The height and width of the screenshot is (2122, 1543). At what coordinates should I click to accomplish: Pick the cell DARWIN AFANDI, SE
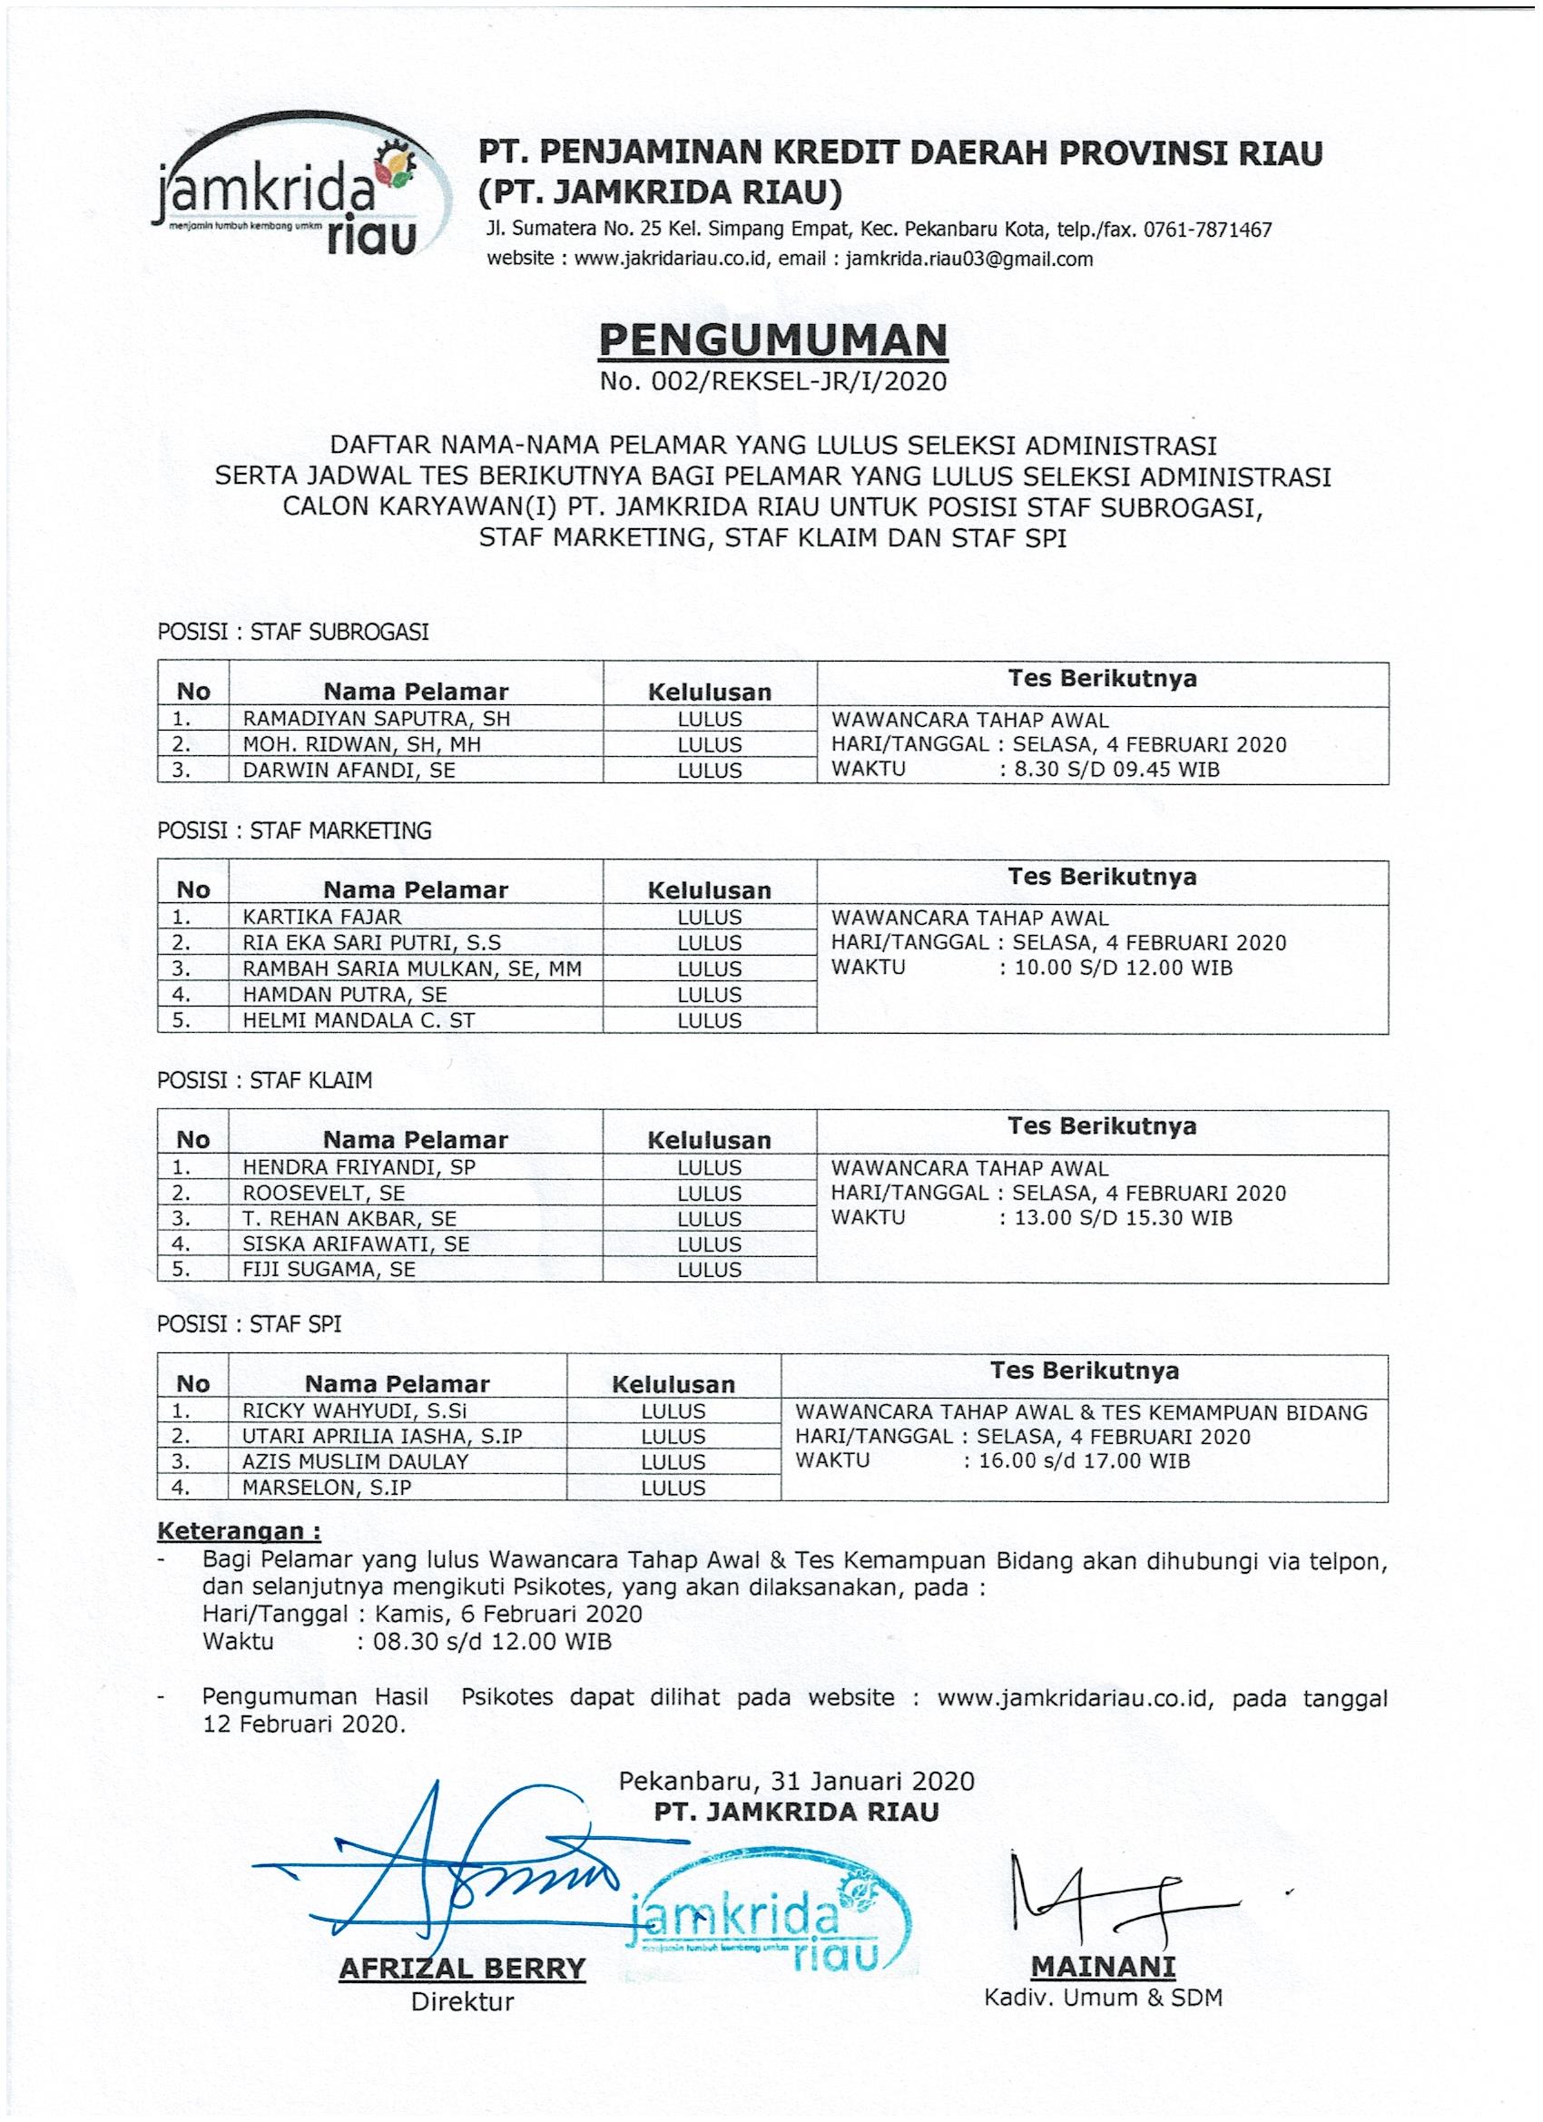349,770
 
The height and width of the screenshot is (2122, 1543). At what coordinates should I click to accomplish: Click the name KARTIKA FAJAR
322,917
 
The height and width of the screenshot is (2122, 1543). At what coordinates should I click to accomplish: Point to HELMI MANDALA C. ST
359,1020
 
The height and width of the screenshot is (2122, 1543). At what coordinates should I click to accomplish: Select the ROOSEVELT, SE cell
324,1193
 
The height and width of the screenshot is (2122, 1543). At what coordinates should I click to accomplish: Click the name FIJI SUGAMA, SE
329,1269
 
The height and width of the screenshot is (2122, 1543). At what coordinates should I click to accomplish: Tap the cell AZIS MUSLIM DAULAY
356,1461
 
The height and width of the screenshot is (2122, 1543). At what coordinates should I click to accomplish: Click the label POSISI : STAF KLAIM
265,1081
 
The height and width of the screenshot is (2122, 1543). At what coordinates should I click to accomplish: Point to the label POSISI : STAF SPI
249,1324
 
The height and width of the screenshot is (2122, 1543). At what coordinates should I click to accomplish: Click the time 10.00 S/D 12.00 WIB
1123,968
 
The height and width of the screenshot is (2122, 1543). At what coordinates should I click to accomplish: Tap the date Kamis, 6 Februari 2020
508,1614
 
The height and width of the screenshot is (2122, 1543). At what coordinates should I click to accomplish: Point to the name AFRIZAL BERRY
462,1968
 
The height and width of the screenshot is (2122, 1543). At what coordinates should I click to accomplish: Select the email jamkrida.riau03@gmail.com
969,260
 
